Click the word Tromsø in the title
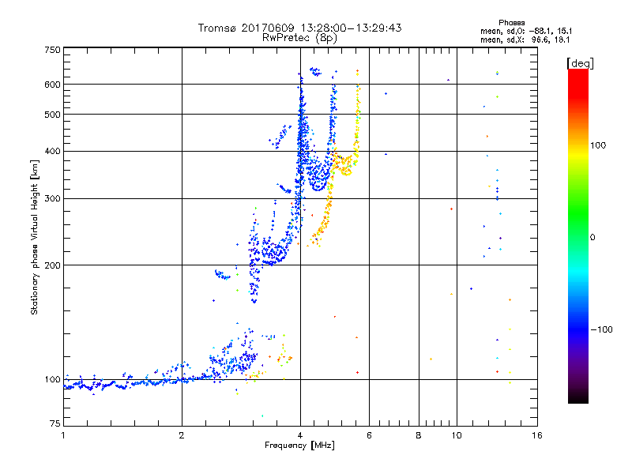tap(217, 28)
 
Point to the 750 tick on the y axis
tap(53, 50)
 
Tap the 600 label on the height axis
tap(53, 84)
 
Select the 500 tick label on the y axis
tap(53, 115)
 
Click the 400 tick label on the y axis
tap(53, 151)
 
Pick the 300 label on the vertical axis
tap(53, 198)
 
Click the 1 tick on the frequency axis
tap(63, 435)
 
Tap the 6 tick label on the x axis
tap(370, 435)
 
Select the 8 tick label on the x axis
tap(419, 435)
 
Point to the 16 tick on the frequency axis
tap(536, 435)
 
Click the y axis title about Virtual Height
tap(36, 237)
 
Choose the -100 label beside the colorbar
tap(604, 329)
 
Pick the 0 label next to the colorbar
tap(594, 237)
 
